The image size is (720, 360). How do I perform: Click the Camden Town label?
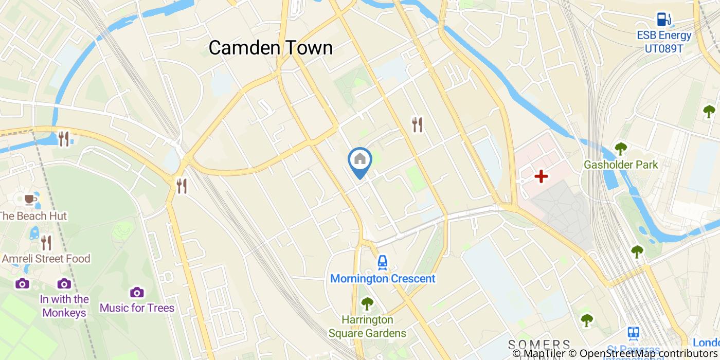coord(271,48)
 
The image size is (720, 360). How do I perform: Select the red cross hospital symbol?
coord(541,176)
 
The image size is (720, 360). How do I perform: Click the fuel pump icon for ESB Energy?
coord(663,20)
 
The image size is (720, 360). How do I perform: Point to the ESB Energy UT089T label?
coord(664,42)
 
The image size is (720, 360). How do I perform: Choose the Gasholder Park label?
coord(621,165)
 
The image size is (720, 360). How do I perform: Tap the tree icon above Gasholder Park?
coord(621,149)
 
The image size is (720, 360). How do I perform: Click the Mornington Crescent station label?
coord(383,279)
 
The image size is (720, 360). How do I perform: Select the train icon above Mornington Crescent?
coord(382,263)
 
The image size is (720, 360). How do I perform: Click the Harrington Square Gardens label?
coord(367,326)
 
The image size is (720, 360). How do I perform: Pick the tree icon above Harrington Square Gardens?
coord(367,303)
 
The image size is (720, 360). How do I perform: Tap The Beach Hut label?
coord(33,215)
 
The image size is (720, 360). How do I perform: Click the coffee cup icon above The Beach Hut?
coord(30,199)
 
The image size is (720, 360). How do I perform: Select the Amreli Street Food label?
coord(46,258)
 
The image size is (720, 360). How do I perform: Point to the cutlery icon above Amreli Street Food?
coord(46,242)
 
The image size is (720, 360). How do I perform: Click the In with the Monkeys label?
coord(64,305)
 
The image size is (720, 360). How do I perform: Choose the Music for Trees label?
coord(137,308)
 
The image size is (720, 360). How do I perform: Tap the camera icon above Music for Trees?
coord(137,292)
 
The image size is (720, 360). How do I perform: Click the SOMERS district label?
coord(539,344)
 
